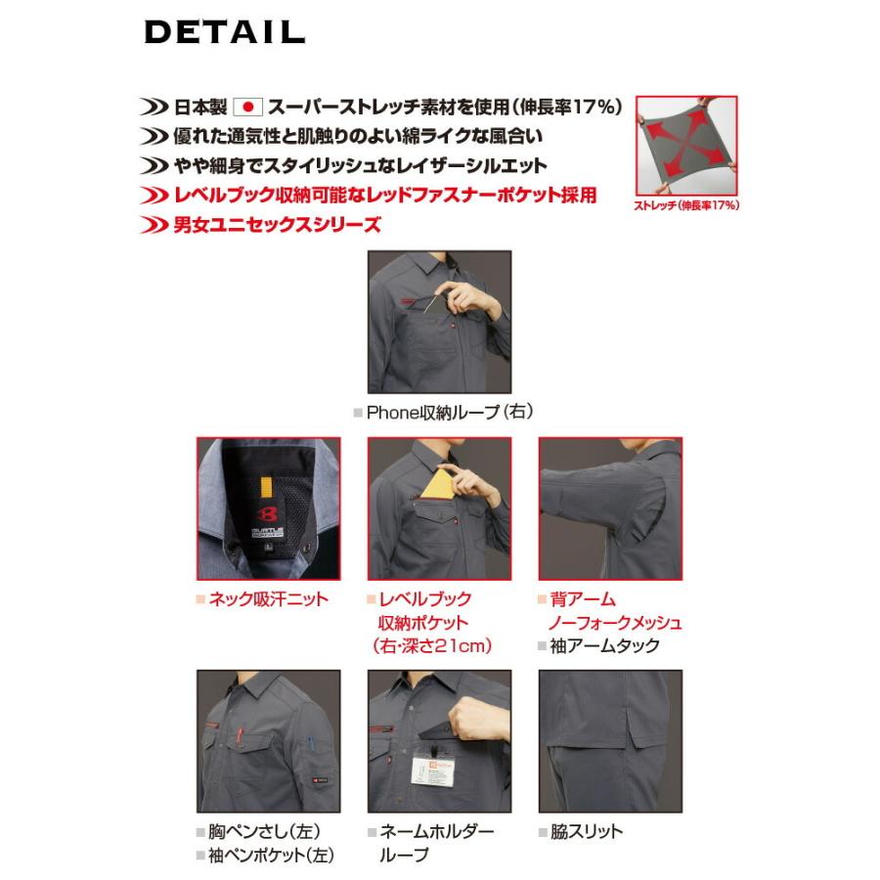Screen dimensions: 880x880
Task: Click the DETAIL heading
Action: (x=225, y=31)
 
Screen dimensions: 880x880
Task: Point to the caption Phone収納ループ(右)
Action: (x=442, y=412)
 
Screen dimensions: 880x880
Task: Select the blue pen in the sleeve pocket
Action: (x=308, y=743)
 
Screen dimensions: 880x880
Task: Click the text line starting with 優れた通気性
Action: (x=357, y=136)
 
